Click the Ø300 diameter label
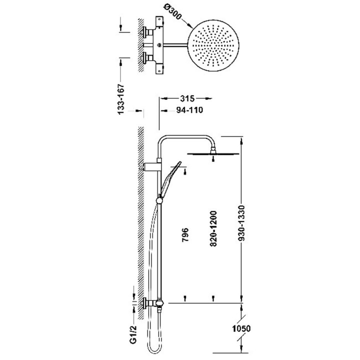tap(172, 12)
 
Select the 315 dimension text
tap(187, 98)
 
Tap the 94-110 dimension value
tap(189, 110)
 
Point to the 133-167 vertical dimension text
tap(121, 99)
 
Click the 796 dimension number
tap(185, 234)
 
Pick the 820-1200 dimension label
tap(213, 228)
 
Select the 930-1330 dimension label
tap(241, 223)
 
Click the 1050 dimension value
tap(241, 328)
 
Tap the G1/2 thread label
tap(133, 334)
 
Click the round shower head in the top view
tap(213, 45)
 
